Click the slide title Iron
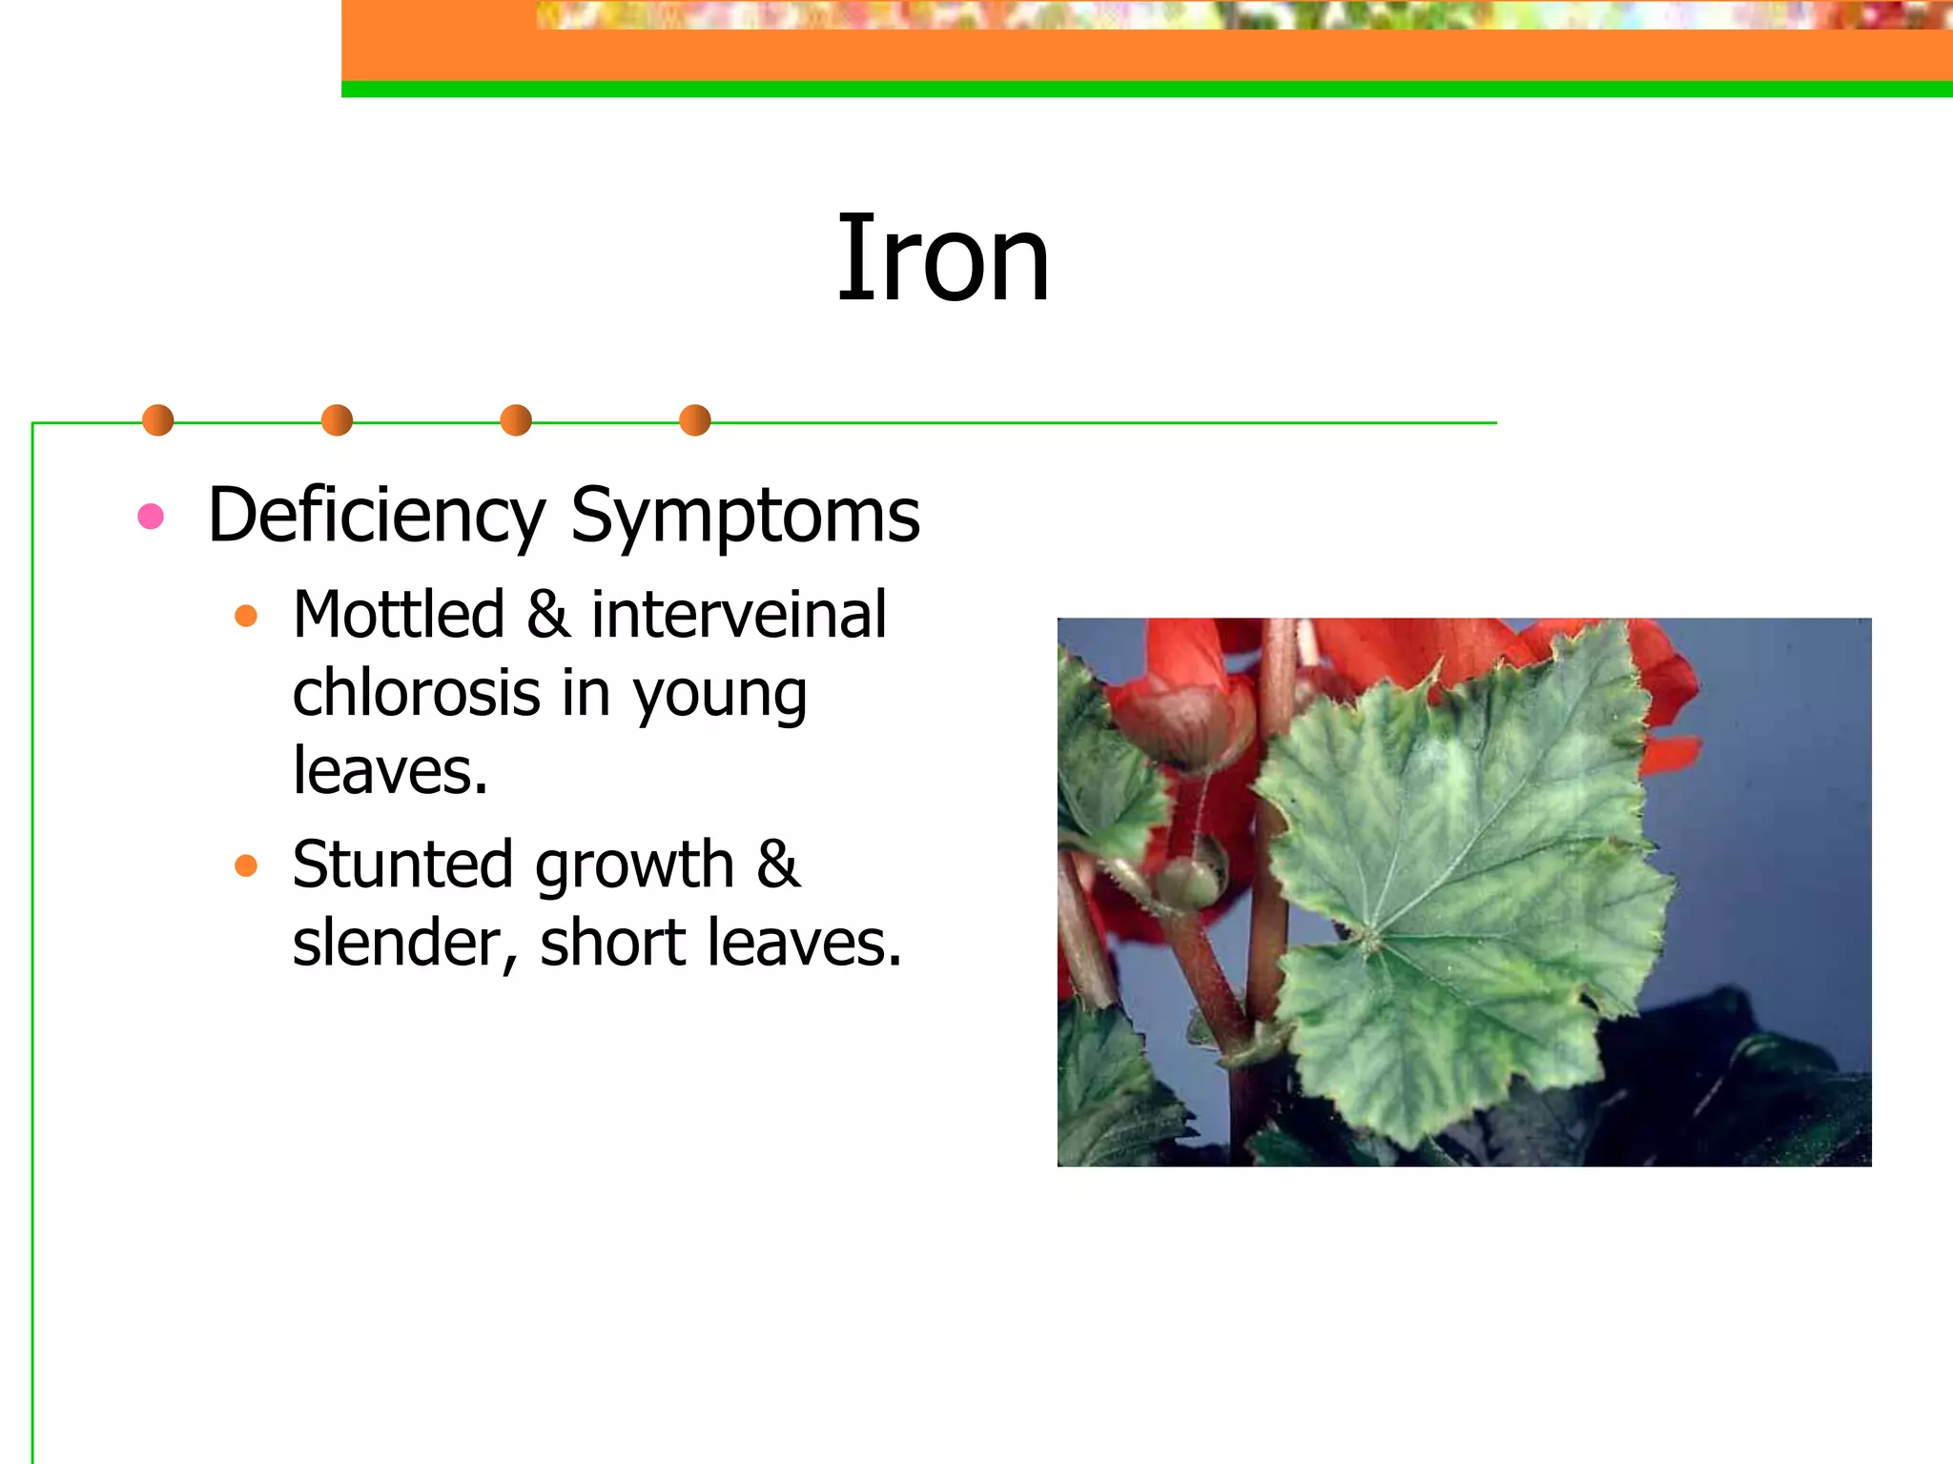pyautogui.click(x=942, y=259)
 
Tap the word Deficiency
pyautogui.click(x=376, y=516)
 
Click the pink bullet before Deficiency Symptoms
pyautogui.click(x=151, y=517)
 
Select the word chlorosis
pyautogui.click(x=417, y=693)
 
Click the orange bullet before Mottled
pyautogui.click(x=246, y=616)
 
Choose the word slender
pyautogui.click(x=404, y=943)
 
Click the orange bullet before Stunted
pyautogui.click(x=246, y=865)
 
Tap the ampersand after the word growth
pyautogui.click(x=778, y=864)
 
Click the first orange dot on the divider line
pyautogui.click(x=157, y=420)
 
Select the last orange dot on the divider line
pyautogui.click(x=695, y=420)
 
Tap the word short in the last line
pyautogui.click(x=612, y=943)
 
